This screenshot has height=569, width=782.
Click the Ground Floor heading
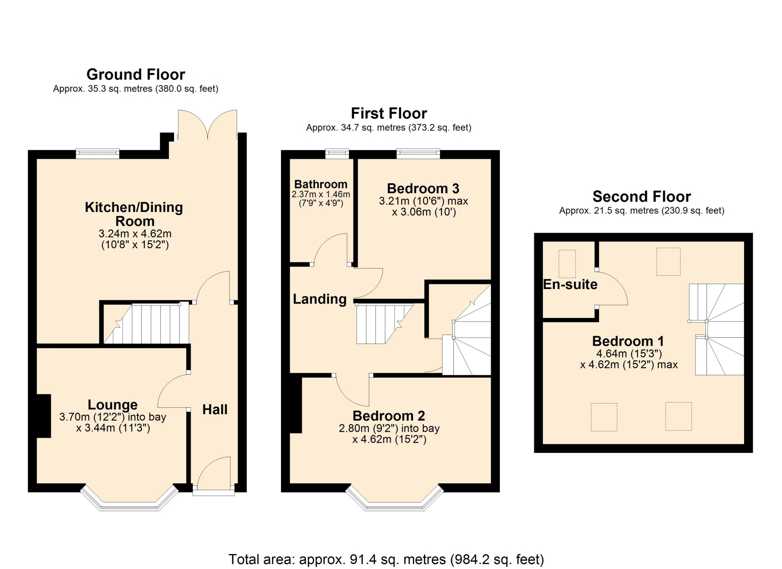pos(136,74)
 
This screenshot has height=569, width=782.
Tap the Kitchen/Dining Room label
pos(134,214)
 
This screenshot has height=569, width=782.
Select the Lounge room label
pos(113,404)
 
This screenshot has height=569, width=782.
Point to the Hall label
pos(215,409)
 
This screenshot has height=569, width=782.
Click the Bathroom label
pos(321,184)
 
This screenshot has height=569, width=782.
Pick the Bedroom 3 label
pos(423,188)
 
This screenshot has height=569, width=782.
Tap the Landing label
pos(320,299)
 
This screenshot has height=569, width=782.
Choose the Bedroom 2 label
pos(389,416)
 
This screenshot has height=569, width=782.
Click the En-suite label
pos(570,284)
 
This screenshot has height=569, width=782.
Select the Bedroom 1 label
pos(628,341)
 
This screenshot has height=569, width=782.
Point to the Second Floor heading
pos(642,196)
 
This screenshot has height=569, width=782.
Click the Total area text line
pos(386,559)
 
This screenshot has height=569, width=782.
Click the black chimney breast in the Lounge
pos(44,416)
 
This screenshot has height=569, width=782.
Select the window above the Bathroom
pos(337,154)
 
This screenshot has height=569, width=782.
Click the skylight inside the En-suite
pos(567,264)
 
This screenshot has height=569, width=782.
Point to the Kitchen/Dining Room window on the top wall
pos(98,154)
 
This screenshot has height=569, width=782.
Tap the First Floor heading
pos(389,113)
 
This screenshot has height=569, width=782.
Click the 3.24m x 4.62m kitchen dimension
pos(135,234)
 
